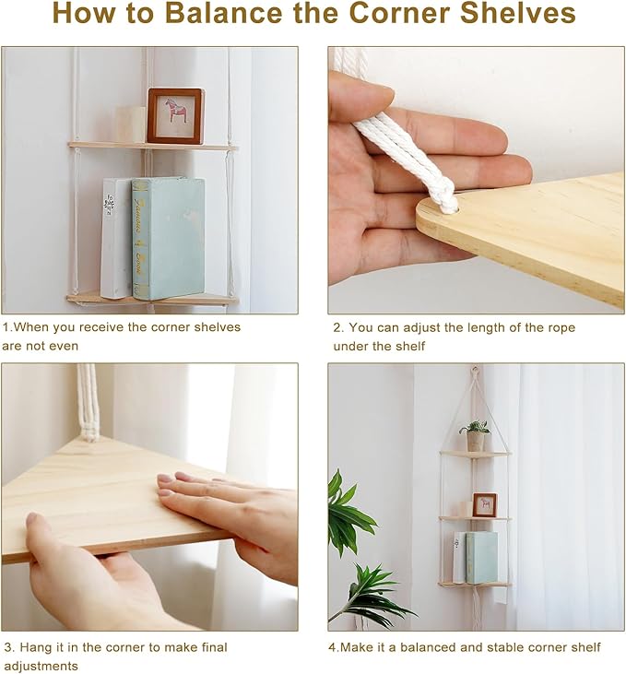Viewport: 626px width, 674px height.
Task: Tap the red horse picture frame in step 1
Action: pyautogui.click(x=176, y=115)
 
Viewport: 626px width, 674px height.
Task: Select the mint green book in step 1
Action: pyautogui.click(x=168, y=238)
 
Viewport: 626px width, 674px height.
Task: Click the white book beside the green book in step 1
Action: pyautogui.click(x=116, y=239)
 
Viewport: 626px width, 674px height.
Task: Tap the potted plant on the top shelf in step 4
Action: pyautogui.click(x=476, y=436)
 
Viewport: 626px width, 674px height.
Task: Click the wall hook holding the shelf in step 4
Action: pyautogui.click(x=474, y=369)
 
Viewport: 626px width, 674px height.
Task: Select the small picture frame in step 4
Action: pyautogui.click(x=485, y=505)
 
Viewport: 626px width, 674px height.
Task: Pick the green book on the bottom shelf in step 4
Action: pyautogui.click(x=482, y=558)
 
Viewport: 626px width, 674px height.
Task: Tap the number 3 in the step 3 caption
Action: pyautogui.click(x=8, y=647)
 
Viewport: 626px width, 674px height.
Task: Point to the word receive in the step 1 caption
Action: pyautogui.click(x=101, y=327)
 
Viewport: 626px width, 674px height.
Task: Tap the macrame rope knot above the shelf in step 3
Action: pyautogui.click(x=89, y=430)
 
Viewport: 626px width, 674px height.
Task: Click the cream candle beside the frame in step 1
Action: pyautogui.click(x=131, y=124)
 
